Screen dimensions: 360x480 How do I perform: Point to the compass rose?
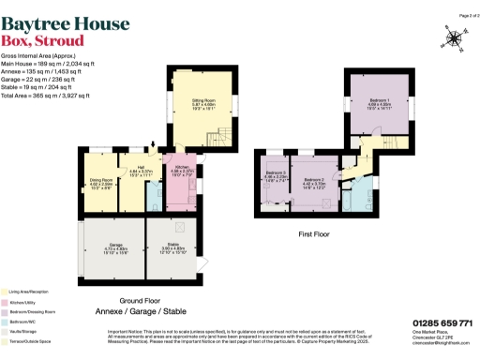[456, 38]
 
